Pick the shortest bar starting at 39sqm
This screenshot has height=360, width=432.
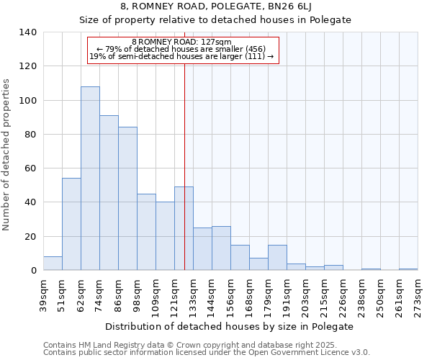click(x=53, y=264)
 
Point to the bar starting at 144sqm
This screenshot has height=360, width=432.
click(x=221, y=248)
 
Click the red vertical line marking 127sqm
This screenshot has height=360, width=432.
click(x=185, y=144)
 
